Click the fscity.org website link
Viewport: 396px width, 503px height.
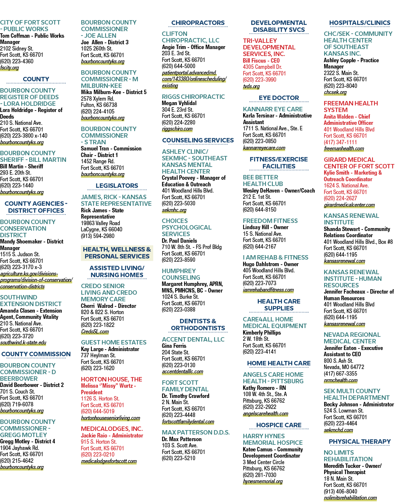point(10,68)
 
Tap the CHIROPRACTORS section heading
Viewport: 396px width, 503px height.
point(198,23)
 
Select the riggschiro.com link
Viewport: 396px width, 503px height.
point(177,129)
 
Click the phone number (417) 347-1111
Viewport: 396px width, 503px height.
point(340,142)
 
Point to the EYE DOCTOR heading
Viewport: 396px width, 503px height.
point(279,98)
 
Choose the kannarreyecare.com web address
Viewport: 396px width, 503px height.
point(264,148)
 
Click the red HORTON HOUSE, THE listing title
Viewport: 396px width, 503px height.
point(111,379)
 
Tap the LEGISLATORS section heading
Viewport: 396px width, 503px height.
point(117,186)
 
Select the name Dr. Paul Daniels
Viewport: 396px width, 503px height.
point(179,241)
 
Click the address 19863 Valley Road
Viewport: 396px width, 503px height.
point(100,223)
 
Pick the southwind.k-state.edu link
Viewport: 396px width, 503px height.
point(23,343)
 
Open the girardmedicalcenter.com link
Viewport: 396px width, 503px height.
point(349,205)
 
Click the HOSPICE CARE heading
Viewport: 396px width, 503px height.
point(279,425)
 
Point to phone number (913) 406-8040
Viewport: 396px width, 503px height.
point(340,491)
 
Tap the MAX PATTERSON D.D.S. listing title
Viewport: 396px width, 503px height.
point(196,432)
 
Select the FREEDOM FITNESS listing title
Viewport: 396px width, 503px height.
point(270,221)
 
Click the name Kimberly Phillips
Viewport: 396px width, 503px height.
point(262,333)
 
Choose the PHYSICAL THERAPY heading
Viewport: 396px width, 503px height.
point(360,441)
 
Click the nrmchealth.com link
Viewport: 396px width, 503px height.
point(341,380)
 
